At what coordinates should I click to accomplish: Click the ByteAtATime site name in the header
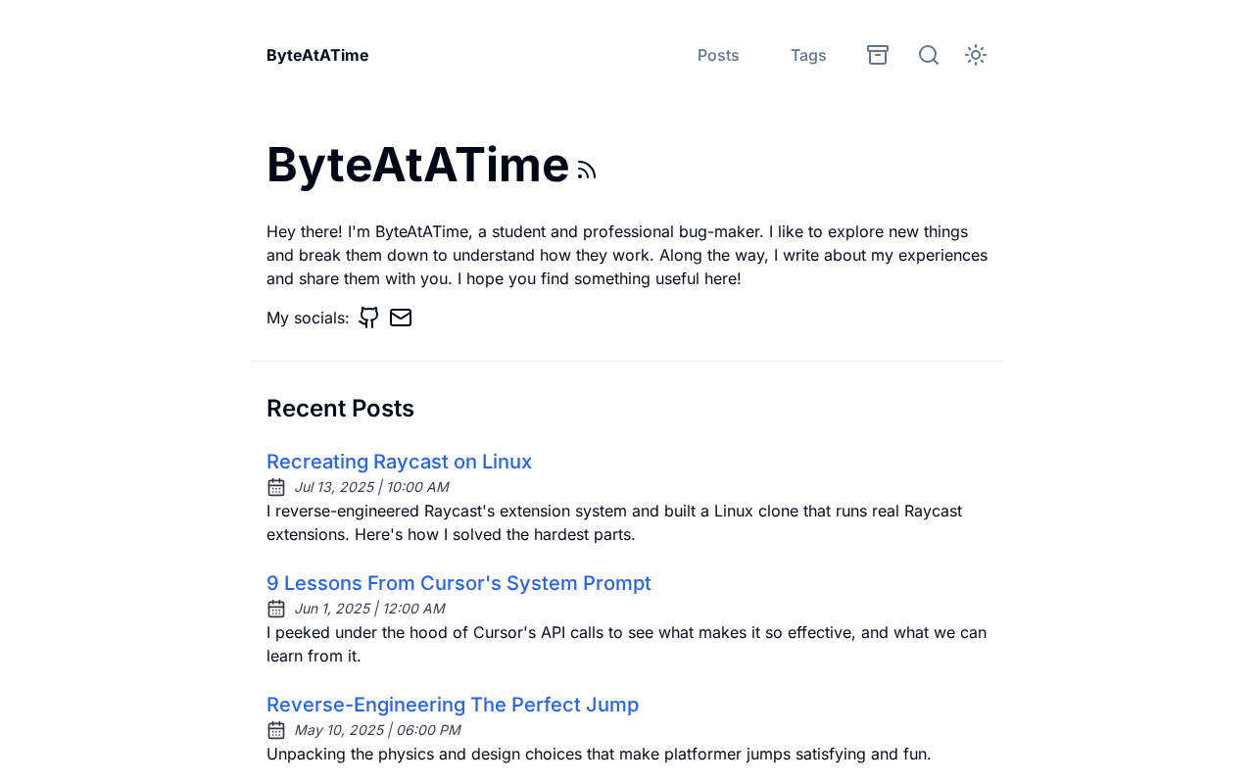pos(317,55)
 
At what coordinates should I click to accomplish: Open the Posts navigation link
pos(718,55)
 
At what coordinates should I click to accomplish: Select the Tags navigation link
pos(808,55)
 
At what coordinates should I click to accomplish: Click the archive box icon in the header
pos(878,55)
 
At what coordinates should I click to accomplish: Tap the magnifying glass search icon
pos(929,55)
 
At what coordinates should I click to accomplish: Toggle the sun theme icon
pos(976,55)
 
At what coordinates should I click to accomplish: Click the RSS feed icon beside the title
pos(587,171)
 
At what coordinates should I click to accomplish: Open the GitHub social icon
pos(368,318)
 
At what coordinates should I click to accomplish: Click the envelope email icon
pos(401,318)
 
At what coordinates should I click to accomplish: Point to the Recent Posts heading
pos(340,408)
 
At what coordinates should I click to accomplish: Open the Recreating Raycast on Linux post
pos(399,462)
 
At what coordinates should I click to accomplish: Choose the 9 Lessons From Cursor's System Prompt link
pos(458,583)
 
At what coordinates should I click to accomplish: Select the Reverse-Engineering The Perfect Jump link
pos(453,705)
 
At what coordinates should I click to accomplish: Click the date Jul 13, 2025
pos(334,487)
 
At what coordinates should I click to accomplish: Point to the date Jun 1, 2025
pos(332,609)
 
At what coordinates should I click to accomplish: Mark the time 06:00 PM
pos(428,730)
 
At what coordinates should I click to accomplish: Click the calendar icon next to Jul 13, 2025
pos(276,487)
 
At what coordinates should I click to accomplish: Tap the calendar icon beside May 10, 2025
pos(276,730)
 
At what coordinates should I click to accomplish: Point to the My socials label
pos(308,318)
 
